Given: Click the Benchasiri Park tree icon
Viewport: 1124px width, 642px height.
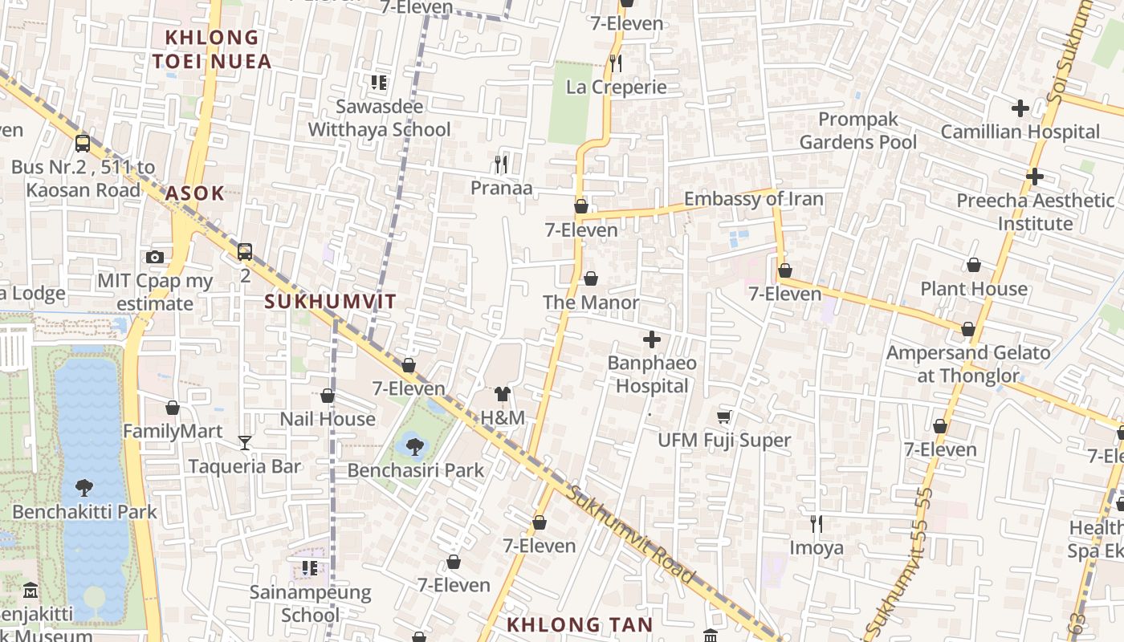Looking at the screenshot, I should click(x=415, y=446).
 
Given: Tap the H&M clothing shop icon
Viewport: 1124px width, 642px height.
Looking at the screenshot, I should click(x=503, y=394).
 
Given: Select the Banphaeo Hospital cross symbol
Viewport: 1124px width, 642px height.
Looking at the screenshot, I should click(x=652, y=339).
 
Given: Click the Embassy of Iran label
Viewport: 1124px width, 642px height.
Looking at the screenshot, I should click(x=753, y=199).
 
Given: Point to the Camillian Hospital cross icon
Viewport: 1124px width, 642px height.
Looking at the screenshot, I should click(x=1020, y=108).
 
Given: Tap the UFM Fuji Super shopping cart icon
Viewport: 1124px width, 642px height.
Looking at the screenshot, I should click(x=723, y=416).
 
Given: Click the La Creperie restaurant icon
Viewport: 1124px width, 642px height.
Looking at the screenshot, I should click(x=616, y=63).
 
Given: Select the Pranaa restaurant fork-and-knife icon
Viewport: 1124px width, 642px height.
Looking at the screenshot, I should click(x=501, y=165).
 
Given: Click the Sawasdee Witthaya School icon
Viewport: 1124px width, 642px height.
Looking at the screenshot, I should click(x=379, y=82).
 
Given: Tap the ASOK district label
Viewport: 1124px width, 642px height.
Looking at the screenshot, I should click(x=195, y=193).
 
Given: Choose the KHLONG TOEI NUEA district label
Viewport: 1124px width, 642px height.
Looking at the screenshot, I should click(x=212, y=49).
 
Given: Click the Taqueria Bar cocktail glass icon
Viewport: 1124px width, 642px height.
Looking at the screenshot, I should click(x=245, y=442).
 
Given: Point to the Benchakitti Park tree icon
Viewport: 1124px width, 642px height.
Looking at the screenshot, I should click(x=83, y=487).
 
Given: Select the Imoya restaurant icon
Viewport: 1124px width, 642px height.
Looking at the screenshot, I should click(x=817, y=524).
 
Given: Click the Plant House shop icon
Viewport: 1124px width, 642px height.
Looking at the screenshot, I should click(x=974, y=265).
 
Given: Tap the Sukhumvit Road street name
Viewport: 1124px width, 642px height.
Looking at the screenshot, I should click(x=630, y=534).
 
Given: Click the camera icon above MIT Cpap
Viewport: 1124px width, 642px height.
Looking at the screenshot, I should click(x=155, y=257).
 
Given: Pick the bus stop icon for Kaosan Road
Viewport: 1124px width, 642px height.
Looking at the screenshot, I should click(x=83, y=144).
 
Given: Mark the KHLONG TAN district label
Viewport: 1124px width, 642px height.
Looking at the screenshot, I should click(x=580, y=624).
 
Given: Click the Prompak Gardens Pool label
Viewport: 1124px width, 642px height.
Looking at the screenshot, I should click(x=857, y=131).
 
